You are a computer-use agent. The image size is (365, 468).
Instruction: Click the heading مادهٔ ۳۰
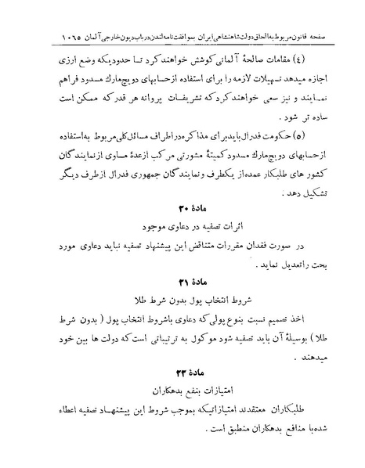point(182,230)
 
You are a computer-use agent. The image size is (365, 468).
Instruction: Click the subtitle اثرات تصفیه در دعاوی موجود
point(182,248)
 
